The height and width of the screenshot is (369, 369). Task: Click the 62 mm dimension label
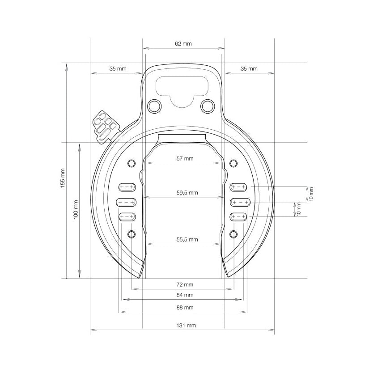pyautogui.click(x=183, y=43)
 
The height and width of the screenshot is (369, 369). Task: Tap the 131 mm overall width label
pyautogui.click(x=186, y=326)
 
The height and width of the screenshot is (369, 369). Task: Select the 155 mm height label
pyautogui.click(x=63, y=178)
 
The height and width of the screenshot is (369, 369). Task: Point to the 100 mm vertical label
pyautogui.click(x=76, y=209)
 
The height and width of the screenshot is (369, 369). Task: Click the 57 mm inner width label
pyautogui.click(x=185, y=159)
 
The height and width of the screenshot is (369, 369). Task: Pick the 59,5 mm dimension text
pyautogui.click(x=187, y=193)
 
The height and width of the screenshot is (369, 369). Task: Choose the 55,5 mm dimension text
pyautogui.click(x=187, y=240)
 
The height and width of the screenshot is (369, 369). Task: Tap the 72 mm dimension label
pyautogui.click(x=185, y=284)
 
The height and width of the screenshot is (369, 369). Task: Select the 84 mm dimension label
pyautogui.click(x=185, y=295)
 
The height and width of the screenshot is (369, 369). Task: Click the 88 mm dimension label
pyautogui.click(x=185, y=307)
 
